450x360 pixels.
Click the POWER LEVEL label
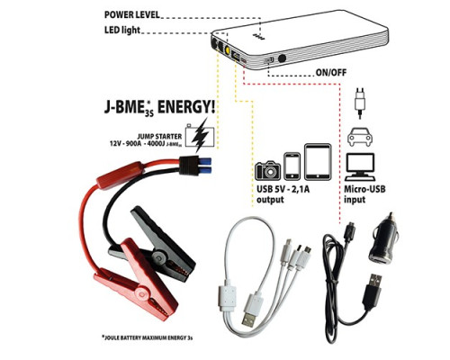point(132,14)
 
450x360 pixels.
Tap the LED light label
point(122,30)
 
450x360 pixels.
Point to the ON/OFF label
point(331,73)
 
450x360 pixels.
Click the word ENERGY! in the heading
point(186,107)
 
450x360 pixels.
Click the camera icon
point(268,171)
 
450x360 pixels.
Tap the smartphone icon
point(292,166)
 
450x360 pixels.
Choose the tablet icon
point(318,162)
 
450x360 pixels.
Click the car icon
point(360,137)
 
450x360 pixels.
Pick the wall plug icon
point(360,103)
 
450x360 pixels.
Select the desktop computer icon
point(360,166)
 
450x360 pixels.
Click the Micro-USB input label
point(364,194)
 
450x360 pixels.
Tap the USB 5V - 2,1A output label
point(283,194)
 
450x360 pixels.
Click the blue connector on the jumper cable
point(204,166)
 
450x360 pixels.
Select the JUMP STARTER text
point(164,137)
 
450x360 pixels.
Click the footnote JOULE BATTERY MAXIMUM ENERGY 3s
point(147,337)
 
